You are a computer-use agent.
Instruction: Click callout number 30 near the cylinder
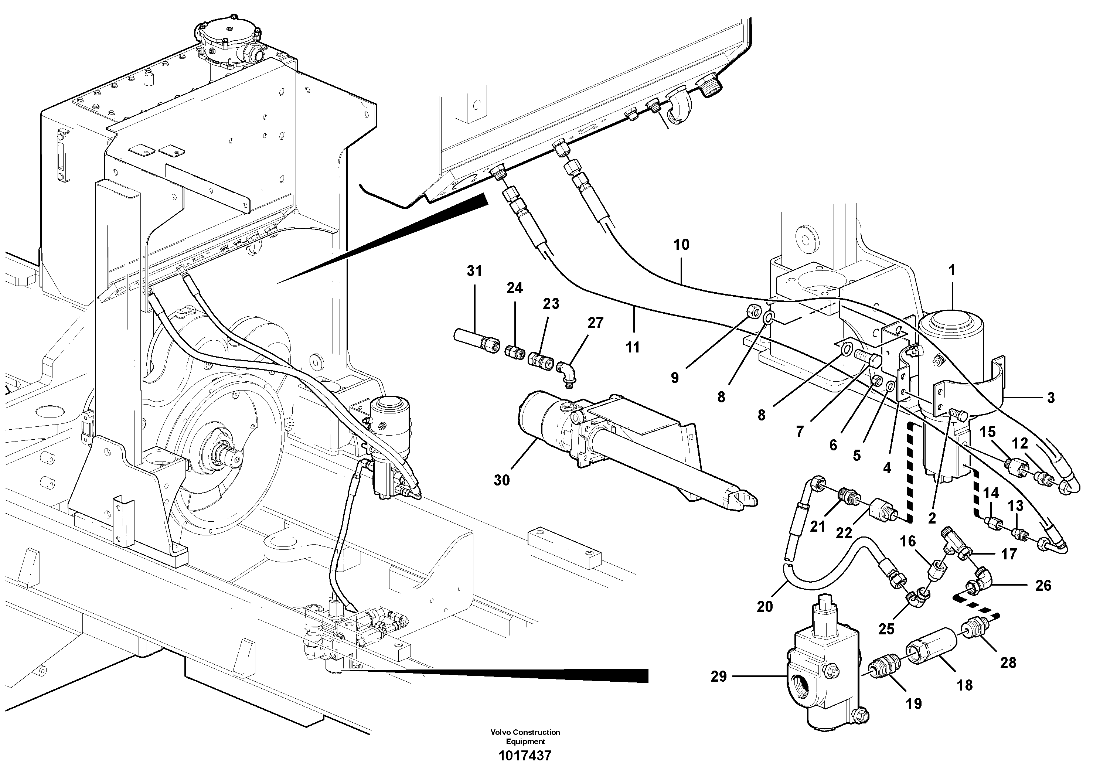point(502,480)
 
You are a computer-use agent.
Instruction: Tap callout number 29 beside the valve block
point(718,677)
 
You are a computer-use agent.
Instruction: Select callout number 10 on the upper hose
point(681,245)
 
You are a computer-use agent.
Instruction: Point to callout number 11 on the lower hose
point(633,347)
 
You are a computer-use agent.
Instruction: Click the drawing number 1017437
point(525,756)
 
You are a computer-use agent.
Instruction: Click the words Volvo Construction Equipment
point(525,736)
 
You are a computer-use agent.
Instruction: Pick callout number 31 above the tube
point(474,271)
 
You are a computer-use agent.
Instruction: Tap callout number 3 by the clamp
point(1050,398)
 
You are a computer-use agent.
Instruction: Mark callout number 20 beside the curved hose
point(764,607)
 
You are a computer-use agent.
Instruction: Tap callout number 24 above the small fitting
point(515,288)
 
